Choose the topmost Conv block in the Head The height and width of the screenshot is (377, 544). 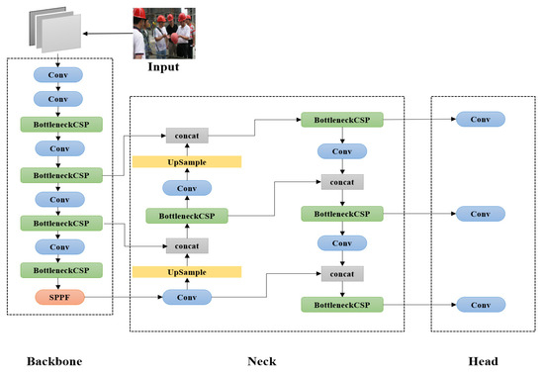[x=479, y=119]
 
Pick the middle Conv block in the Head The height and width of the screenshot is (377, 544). [x=479, y=213]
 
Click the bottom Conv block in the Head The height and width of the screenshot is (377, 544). [x=479, y=304]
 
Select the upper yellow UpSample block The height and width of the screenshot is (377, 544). [x=186, y=161]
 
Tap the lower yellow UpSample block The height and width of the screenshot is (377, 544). [x=186, y=270]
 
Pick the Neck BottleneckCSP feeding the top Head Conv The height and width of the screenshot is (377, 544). [x=341, y=119]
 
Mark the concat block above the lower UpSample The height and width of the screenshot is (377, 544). [x=186, y=245]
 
